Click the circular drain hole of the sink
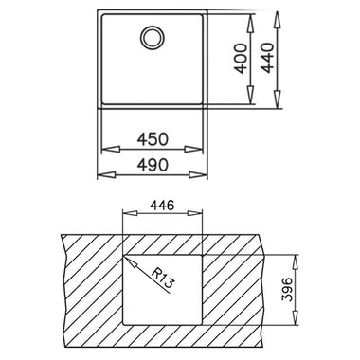153,38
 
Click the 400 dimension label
242,59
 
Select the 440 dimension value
268,58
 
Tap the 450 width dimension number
153,139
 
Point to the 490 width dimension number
153,165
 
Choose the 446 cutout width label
162,206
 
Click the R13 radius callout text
162,278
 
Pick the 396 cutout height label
287,290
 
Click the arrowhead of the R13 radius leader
131,261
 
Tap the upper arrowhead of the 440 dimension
277,21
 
